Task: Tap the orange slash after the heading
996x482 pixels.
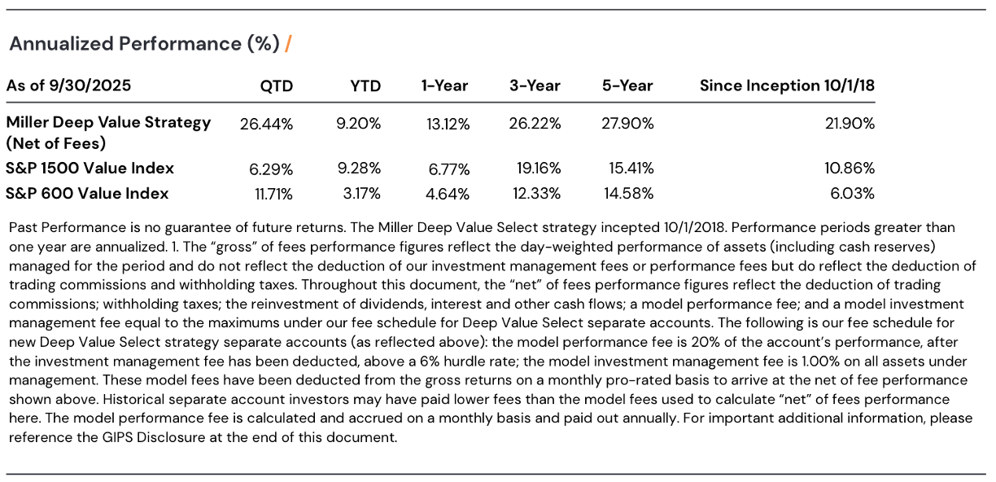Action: [x=288, y=44]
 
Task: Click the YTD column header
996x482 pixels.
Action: [x=365, y=85]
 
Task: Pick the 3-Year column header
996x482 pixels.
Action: [x=535, y=85]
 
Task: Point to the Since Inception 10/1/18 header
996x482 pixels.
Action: [x=787, y=85]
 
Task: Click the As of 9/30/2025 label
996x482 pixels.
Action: [x=68, y=85]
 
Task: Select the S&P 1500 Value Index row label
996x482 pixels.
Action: [x=90, y=169]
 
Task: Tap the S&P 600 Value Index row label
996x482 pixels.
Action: [x=87, y=194]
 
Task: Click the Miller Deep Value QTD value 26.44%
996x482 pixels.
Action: [x=266, y=124]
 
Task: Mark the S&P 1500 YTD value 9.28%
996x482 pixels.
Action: [x=359, y=169]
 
